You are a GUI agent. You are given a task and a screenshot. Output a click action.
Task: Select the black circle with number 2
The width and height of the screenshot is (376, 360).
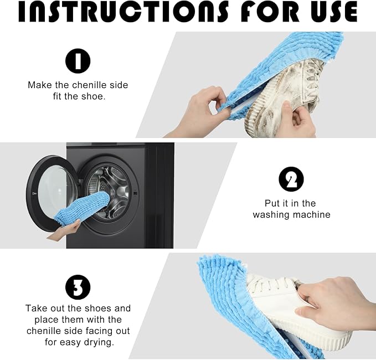[x=291, y=179]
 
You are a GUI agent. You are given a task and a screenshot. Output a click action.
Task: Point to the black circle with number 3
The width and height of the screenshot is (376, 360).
[x=78, y=287]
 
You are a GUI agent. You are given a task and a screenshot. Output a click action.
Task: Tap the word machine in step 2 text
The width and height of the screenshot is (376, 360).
[x=311, y=215]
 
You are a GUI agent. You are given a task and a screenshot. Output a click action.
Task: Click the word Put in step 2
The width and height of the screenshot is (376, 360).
[x=273, y=203]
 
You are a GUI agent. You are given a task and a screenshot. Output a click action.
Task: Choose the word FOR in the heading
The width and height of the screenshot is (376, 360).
[x=257, y=12]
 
